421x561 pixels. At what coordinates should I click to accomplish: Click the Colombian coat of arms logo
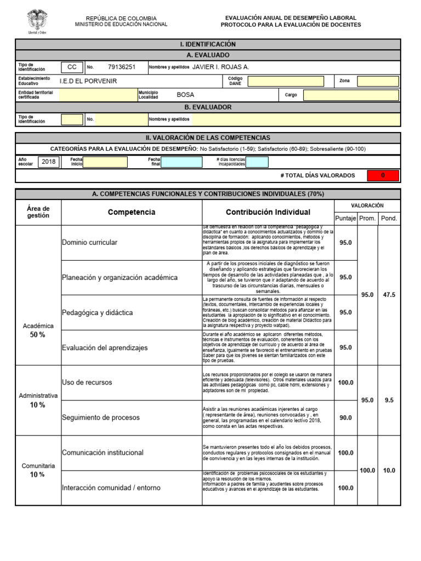coord(37,21)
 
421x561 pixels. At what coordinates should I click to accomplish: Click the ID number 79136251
coord(122,67)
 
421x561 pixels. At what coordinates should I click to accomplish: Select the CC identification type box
coord(72,67)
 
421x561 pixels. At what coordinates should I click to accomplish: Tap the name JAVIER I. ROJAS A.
coord(220,67)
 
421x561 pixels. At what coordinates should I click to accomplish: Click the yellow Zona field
coord(378,81)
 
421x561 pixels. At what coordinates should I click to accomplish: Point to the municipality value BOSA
coord(185,95)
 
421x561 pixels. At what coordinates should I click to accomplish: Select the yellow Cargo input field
coord(351,95)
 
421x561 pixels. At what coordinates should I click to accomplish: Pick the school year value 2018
coord(48,162)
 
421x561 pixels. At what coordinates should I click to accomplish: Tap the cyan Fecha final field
coord(182,162)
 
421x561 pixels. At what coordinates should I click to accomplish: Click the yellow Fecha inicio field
coord(105,162)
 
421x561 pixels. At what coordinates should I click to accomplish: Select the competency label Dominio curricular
coord(89,242)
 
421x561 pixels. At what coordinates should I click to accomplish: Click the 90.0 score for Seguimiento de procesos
coord(345,418)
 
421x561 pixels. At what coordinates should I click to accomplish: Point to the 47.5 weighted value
coord(389,295)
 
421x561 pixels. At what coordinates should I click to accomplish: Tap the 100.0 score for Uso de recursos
coord(345,383)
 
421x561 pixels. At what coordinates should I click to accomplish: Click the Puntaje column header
coord(345,218)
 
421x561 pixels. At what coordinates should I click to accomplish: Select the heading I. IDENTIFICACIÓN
coord(207,44)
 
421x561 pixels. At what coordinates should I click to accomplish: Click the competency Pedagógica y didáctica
coord(97,312)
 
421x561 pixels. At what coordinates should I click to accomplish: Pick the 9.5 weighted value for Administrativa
coord(389,400)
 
